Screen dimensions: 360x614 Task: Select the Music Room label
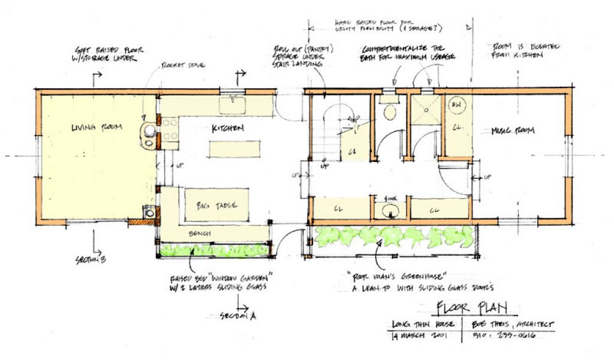click(x=513, y=130)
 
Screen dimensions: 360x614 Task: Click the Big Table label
click(x=215, y=206)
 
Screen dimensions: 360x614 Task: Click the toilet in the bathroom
click(x=390, y=111)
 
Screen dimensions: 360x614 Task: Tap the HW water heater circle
click(x=456, y=105)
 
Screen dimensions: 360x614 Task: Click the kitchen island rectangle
click(x=235, y=147)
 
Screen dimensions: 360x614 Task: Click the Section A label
click(x=237, y=316)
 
